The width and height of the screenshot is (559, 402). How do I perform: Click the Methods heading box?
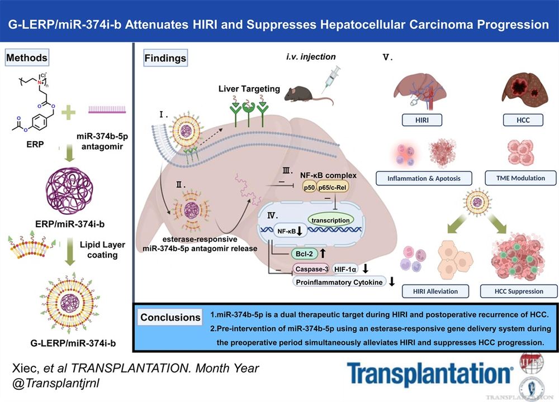[x=27, y=57]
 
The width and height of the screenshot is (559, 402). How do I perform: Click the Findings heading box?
[x=165, y=58]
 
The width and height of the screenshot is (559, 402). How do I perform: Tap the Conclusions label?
[x=170, y=317]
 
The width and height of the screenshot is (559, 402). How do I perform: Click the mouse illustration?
[x=305, y=93]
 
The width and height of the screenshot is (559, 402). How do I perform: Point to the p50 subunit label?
[x=309, y=188]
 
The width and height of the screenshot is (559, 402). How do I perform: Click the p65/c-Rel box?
[x=335, y=188]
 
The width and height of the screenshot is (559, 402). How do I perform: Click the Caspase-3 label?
[x=311, y=269]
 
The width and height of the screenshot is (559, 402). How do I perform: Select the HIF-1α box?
[x=346, y=269]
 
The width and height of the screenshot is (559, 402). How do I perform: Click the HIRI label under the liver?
[x=422, y=120]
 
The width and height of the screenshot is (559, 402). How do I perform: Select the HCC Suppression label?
[x=518, y=291]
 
